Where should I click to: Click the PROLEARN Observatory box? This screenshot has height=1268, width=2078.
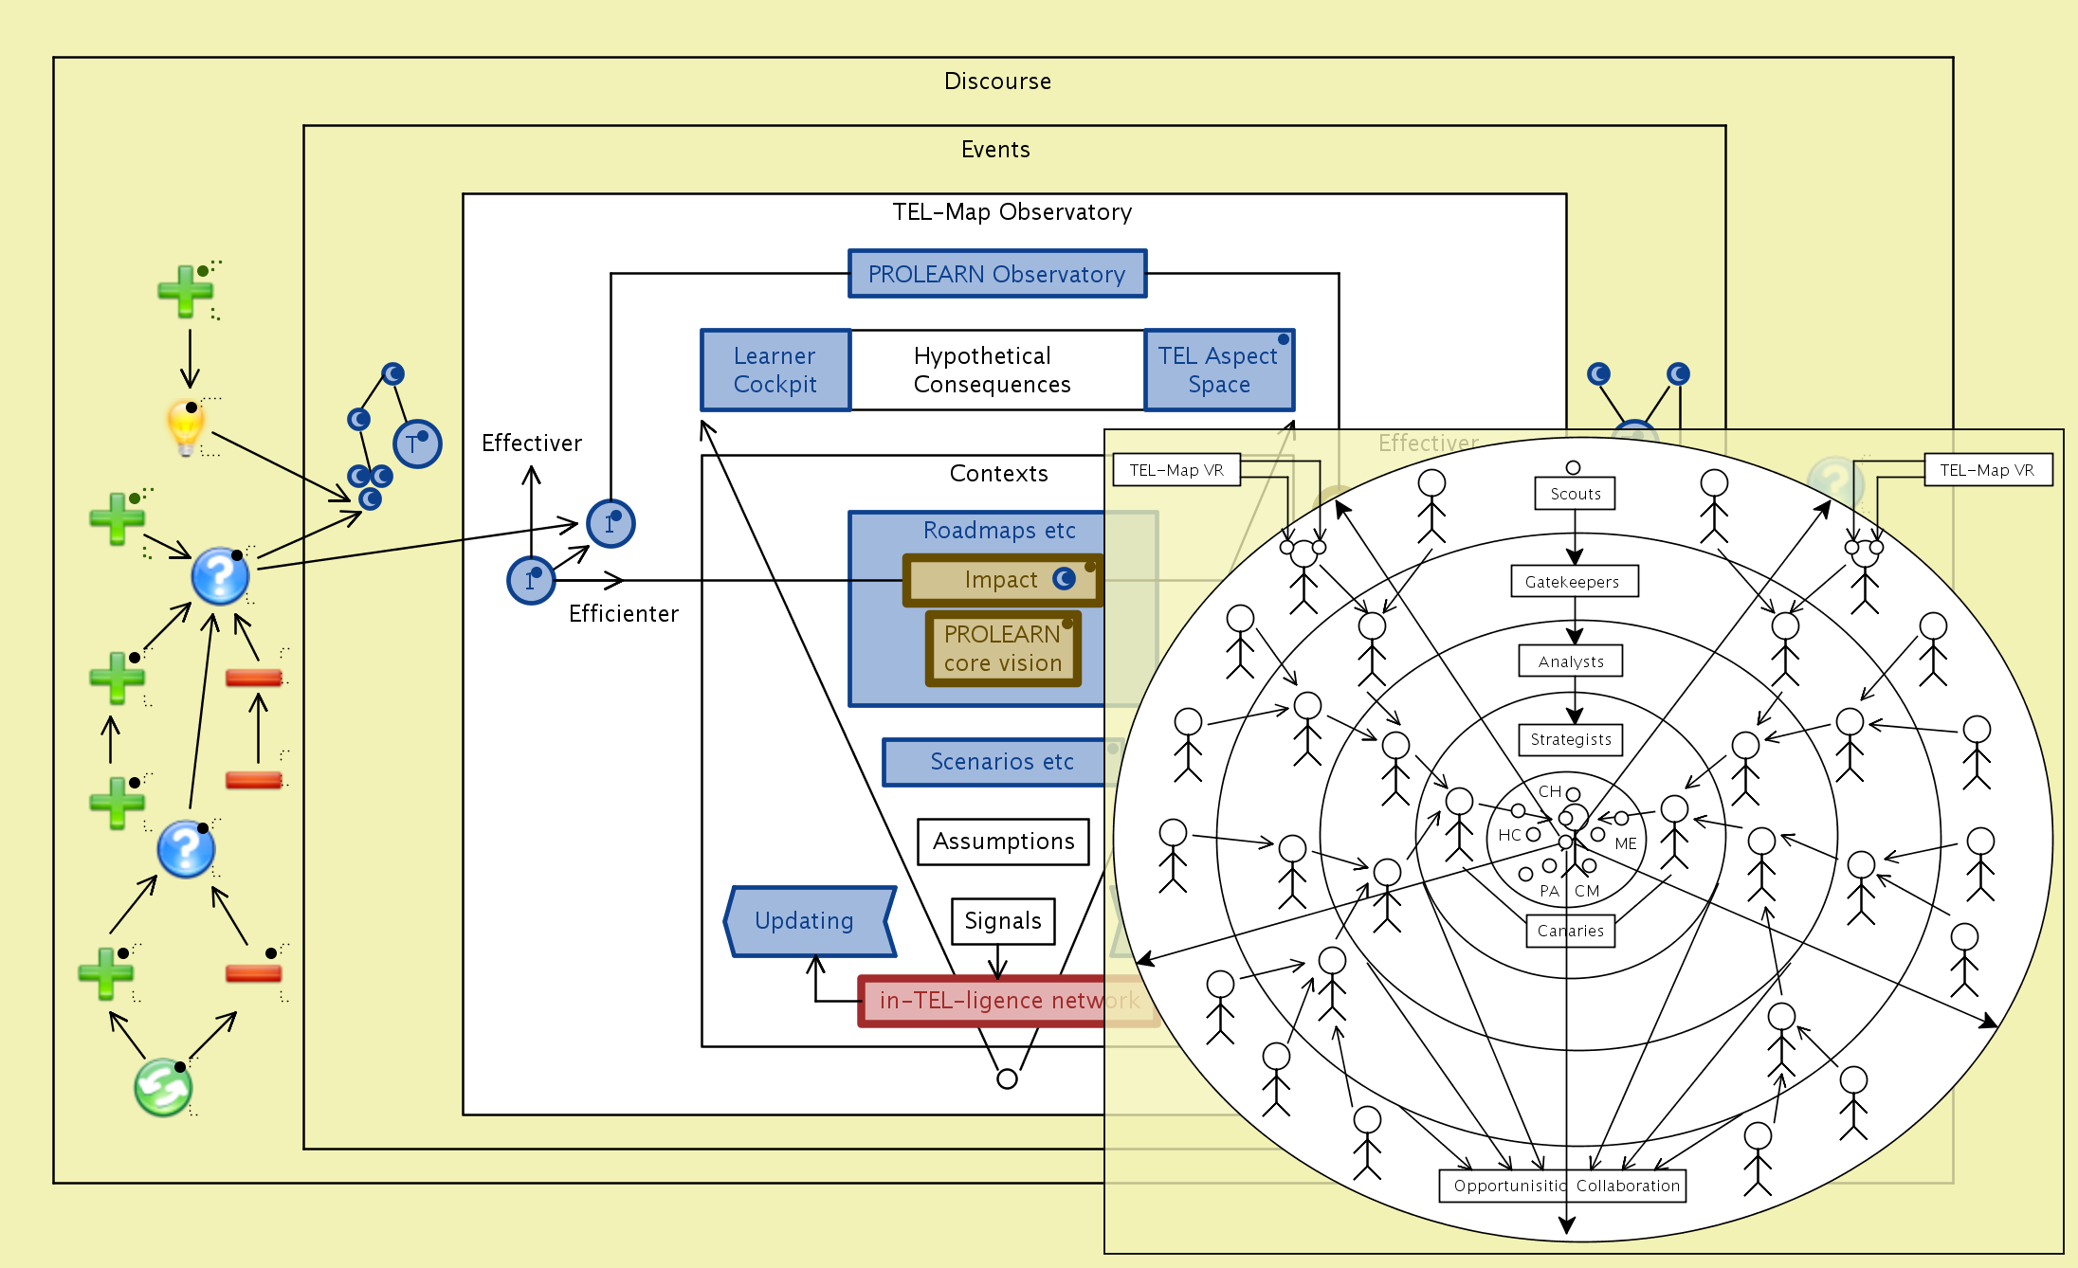(x=996, y=274)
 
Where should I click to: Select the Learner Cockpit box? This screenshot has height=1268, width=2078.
(x=775, y=371)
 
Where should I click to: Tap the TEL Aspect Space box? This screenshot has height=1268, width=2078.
(x=1218, y=371)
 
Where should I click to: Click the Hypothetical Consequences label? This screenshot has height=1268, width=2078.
(x=992, y=371)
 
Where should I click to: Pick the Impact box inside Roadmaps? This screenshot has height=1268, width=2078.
(x=1002, y=580)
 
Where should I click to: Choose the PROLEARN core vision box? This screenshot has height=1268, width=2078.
(x=1002, y=649)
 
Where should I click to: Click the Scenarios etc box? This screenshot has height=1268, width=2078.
(x=1001, y=762)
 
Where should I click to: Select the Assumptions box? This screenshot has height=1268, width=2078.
(x=1003, y=842)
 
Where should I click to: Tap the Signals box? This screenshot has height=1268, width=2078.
(x=1003, y=921)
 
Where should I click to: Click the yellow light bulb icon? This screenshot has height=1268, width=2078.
(x=186, y=426)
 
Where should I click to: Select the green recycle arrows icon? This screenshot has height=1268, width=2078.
(x=163, y=1088)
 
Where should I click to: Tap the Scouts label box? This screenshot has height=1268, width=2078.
(x=1575, y=494)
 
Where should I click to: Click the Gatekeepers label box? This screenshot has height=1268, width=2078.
(x=1573, y=582)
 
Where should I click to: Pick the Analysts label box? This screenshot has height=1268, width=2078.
(x=1571, y=661)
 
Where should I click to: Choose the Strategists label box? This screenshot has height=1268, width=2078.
(x=1571, y=739)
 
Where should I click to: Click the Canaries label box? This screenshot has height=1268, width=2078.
(x=1570, y=931)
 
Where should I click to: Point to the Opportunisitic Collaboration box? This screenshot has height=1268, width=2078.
(x=1562, y=1186)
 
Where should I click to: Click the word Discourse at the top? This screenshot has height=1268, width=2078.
(x=997, y=82)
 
